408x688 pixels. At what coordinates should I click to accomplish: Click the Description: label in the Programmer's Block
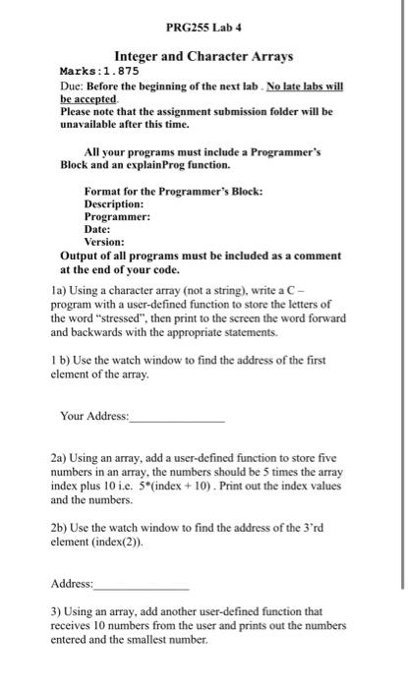point(118,202)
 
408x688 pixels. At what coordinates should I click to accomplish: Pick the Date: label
point(99,228)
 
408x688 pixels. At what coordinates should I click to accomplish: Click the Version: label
point(104,241)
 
